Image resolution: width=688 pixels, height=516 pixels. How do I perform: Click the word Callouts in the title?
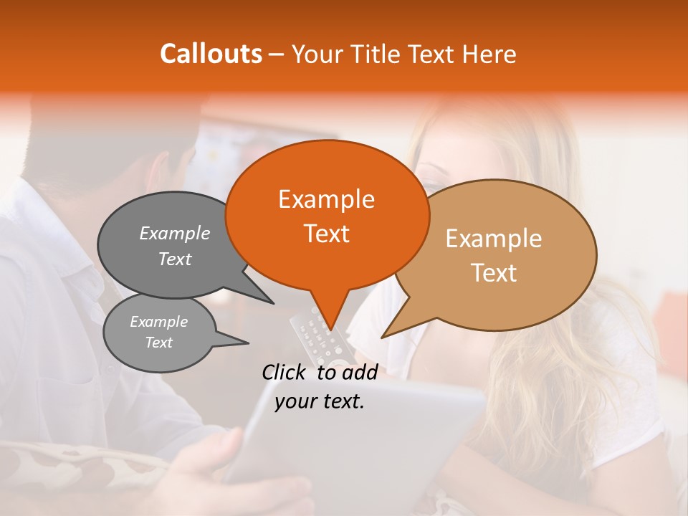211,54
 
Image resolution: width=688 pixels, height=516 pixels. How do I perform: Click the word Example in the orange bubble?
327,199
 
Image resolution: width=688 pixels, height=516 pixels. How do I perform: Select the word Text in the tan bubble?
494,273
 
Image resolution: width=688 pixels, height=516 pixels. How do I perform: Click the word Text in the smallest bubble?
159,343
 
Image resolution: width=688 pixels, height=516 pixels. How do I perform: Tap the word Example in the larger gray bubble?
175,234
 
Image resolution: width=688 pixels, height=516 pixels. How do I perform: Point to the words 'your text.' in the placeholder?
320,401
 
